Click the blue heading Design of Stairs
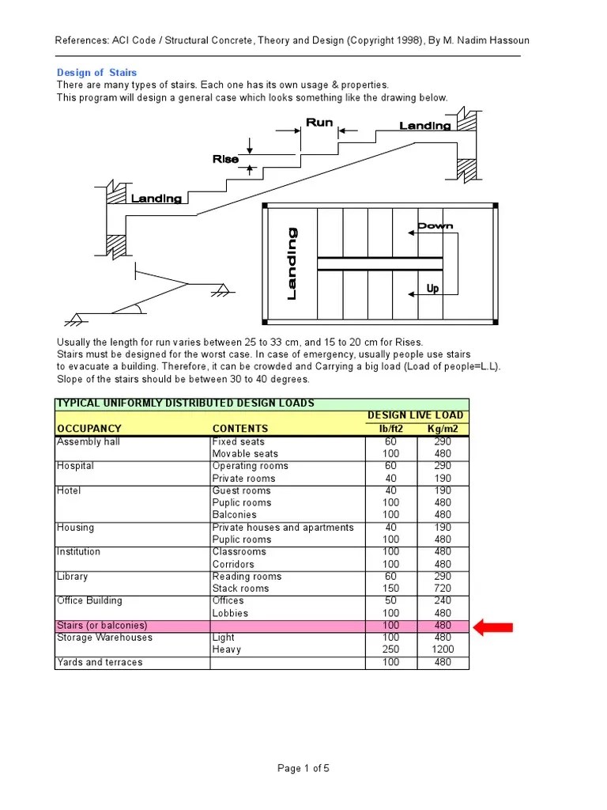(96, 73)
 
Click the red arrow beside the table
(493, 627)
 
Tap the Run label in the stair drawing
(319, 123)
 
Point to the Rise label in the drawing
(225, 159)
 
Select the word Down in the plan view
(435, 226)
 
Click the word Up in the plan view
(432, 289)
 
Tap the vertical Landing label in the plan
(292, 263)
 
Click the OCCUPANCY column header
(89, 430)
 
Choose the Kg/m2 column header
(443, 430)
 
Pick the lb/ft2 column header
(390, 430)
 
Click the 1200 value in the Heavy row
(443, 649)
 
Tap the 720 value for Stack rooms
(443, 589)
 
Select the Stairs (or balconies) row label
(102, 625)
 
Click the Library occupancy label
(73, 577)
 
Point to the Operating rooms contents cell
(251, 466)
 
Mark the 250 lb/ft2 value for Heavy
(390, 649)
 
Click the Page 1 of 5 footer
(303, 767)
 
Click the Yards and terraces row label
(100, 662)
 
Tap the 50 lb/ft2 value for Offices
(390, 600)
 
